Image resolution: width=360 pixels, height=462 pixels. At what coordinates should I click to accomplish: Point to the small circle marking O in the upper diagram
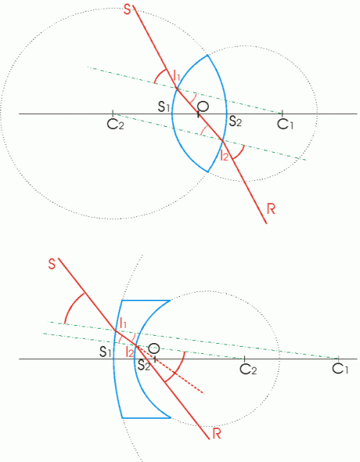(x=203, y=107)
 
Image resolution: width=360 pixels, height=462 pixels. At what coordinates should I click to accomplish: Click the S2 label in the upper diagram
(x=235, y=121)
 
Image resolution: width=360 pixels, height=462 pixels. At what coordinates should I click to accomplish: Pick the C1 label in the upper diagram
(x=286, y=124)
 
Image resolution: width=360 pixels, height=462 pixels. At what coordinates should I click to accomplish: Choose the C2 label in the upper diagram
(x=114, y=125)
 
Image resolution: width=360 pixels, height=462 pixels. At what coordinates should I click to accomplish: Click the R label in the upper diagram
(x=271, y=209)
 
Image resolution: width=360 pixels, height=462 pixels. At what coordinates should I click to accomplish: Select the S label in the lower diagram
(x=52, y=264)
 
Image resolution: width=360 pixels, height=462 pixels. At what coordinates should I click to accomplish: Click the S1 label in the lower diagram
(x=106, y=352)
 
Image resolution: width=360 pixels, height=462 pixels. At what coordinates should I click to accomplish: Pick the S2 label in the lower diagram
(x=145, y=364)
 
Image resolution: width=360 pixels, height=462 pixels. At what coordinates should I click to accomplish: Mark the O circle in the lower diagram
(x=153, y=350)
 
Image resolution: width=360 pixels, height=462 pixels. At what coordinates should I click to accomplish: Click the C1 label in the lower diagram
(x=341, y=369)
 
